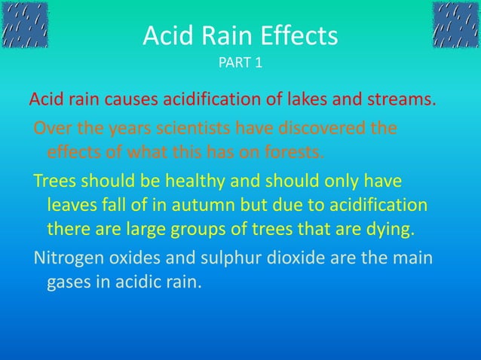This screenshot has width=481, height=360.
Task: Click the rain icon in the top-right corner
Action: (455, 25)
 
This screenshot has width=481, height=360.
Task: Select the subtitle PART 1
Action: (240, 62)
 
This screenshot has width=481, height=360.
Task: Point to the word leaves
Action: (70, 206)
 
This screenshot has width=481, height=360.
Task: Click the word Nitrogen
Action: (66, 259)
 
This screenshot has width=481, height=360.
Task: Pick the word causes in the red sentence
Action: (124, 99)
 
